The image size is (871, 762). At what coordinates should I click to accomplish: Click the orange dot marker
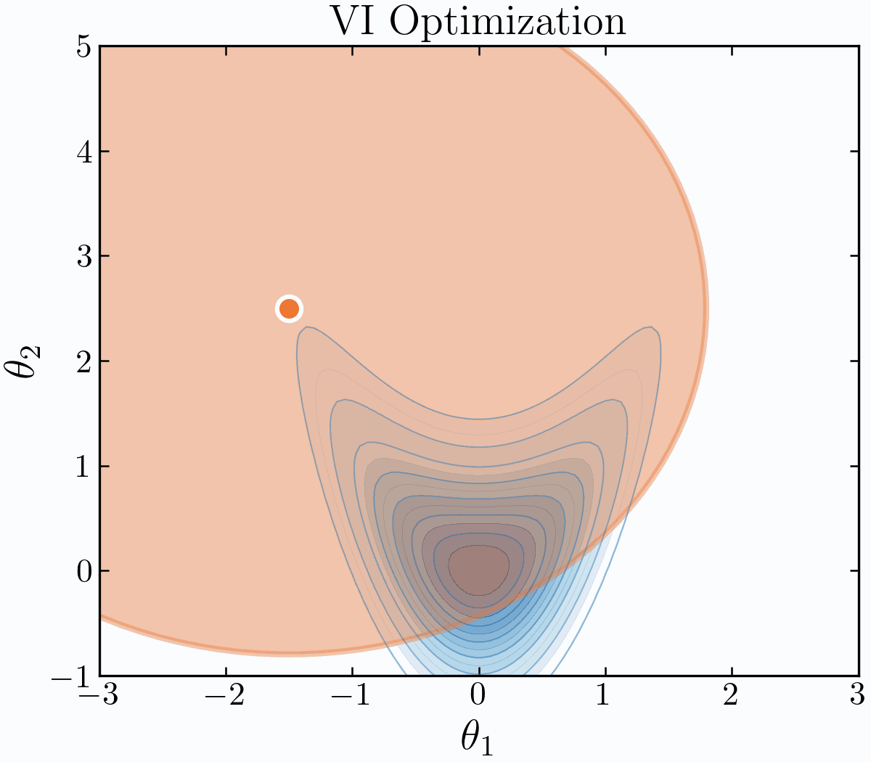[289, 309]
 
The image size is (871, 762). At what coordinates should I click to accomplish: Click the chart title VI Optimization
[478, 22]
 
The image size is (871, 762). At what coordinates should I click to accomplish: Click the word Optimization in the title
[508, 22]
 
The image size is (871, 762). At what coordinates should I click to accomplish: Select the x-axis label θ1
[477, 739]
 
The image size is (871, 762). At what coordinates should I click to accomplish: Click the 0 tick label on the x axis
[478, 697]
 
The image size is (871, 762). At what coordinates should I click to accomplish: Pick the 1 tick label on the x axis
[605, 697]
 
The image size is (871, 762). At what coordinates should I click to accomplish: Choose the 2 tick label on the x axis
[731, 697]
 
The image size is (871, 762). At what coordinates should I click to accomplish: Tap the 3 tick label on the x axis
[857, 697]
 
